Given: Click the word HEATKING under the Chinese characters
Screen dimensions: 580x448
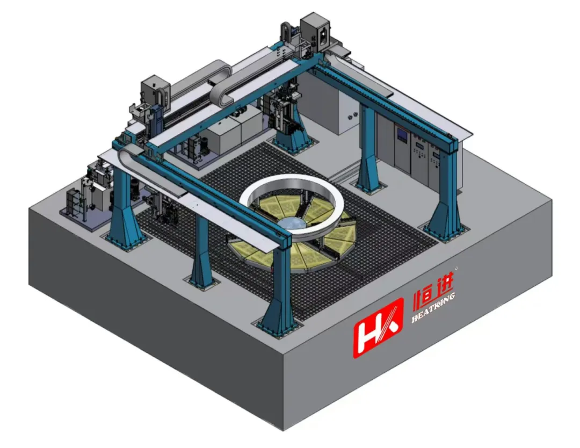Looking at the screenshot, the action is tap(433, 307).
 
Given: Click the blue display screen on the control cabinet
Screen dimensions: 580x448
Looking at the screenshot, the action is tap(401, 133).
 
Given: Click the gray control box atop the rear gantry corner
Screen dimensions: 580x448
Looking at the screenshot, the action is tap(314, 30).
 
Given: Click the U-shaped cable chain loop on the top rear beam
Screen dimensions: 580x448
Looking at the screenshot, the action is tap(222, 85).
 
